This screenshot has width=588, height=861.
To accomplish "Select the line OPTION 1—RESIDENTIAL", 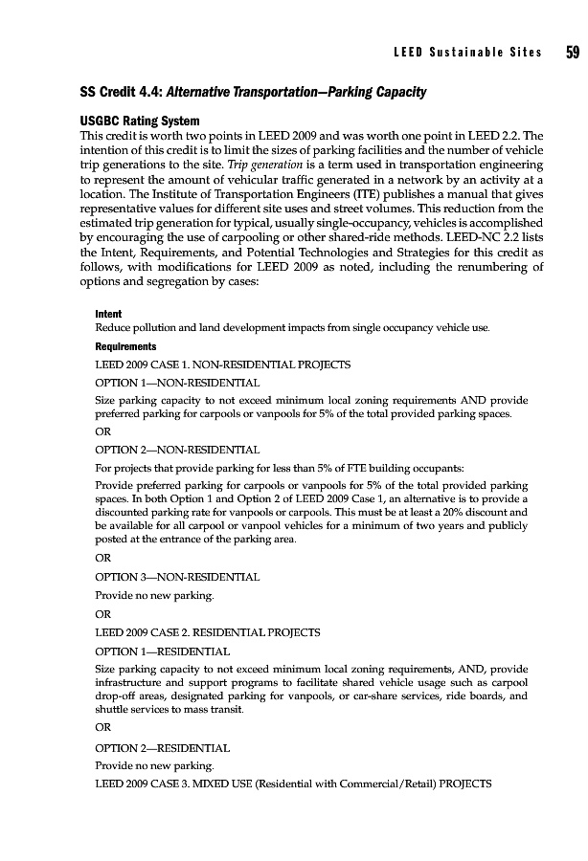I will click(x=162, y=650).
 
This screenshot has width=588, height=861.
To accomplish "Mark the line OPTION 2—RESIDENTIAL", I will click(x=162, y=749).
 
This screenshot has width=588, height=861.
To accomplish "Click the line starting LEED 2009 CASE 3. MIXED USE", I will click(x=293, y=784).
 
